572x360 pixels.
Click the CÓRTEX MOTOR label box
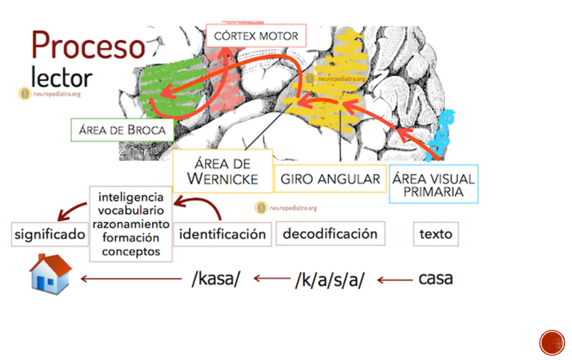(256, 37)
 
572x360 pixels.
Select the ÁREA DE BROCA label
(122, 130)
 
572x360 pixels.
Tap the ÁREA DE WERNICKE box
(222, 171)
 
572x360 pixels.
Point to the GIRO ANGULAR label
(330, 179)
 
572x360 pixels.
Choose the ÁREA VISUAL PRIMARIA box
(433, 185)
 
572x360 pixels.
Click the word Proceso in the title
(88, 46)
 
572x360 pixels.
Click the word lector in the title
(61, 77)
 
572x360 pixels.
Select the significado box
(50, 234)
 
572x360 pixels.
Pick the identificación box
(222, 234)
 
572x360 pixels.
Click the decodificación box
(330, 233)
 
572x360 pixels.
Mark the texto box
(436, 234)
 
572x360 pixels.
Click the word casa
(436, 278)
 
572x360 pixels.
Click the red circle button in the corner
(552, 342)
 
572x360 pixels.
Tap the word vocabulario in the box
(131, 211)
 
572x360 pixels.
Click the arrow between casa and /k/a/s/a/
(394, 280)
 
